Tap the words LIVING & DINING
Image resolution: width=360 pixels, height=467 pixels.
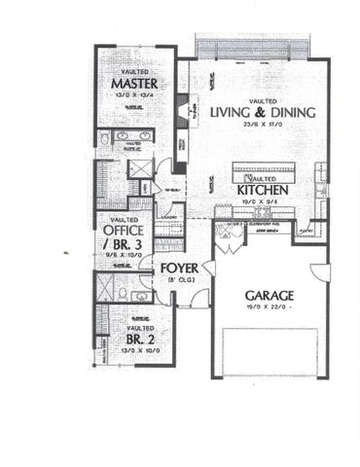263,112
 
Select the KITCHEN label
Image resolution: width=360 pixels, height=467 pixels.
262,191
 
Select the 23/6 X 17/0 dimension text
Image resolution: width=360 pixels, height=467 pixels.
263,126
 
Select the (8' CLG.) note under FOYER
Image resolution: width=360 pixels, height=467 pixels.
181,280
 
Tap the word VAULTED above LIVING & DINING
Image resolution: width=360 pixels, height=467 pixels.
263,100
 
